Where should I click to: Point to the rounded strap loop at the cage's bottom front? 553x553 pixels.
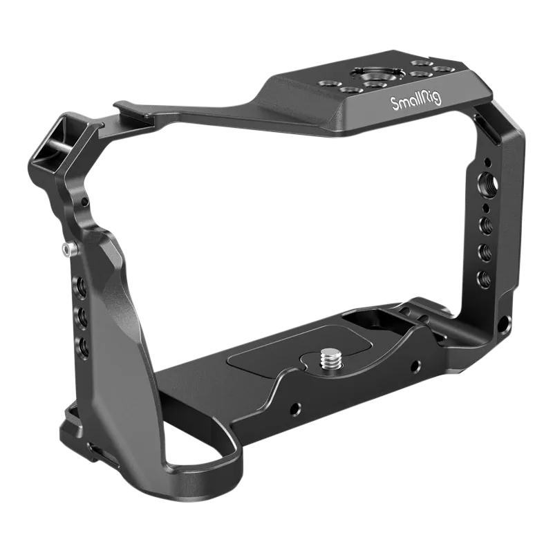point(207,462)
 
